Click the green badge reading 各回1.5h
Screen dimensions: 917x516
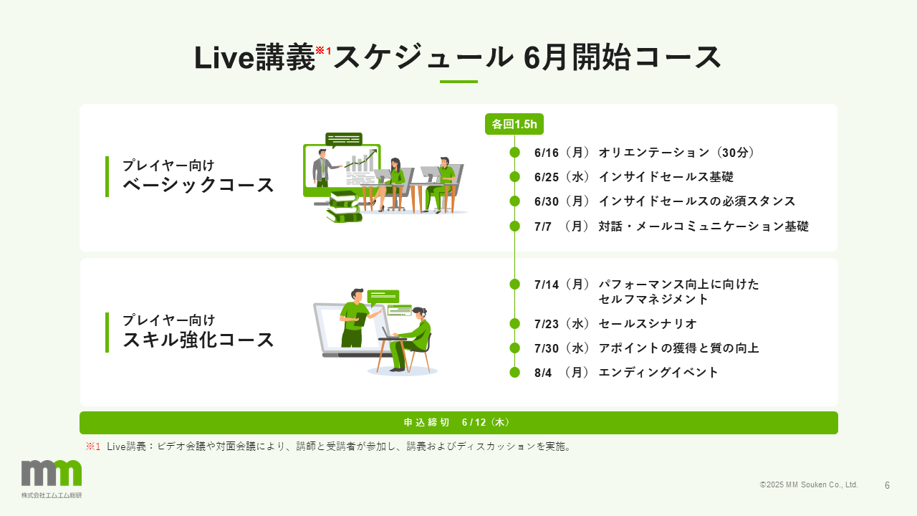[x=514, y=124]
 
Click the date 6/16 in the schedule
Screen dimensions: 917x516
[x=547, y=153]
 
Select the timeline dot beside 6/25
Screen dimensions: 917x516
[x=514, y=177]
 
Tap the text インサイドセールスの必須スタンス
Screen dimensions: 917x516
[x=697, y=201]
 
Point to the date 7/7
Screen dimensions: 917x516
[x=543, y=226]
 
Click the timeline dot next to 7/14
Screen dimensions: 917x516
[x=514, y=285]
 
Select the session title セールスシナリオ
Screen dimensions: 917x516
[x=648, y=324]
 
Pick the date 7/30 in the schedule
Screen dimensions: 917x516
[x=547, y=348]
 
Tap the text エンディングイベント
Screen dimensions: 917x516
[x=658, y=373]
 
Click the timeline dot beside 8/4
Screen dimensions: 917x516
[x=514, y=373]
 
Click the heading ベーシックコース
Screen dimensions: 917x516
[x=198, y=185]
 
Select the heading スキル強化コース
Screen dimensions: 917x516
[x=198, y=340]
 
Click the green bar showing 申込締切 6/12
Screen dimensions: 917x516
[x=458, y=423]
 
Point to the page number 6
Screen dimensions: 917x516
[x=887, y=485]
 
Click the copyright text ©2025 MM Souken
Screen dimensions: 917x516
[x=809, y=485]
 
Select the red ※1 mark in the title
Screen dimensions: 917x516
[x=323, y=50]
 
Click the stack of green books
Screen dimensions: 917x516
[x=344, y=207]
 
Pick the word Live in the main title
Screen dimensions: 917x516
[x=224, y=58]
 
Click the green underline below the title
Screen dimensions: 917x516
[x=458, y=82]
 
